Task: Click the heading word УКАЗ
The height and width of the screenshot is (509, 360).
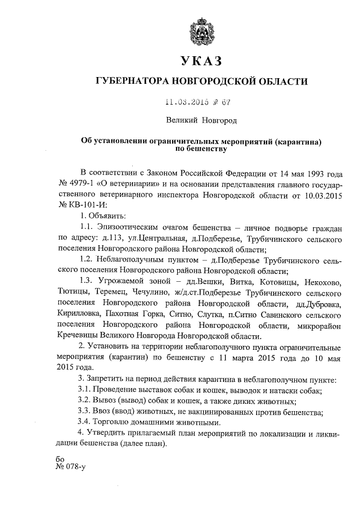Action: [201, 61]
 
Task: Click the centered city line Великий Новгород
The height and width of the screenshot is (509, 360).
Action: [201, 120]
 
